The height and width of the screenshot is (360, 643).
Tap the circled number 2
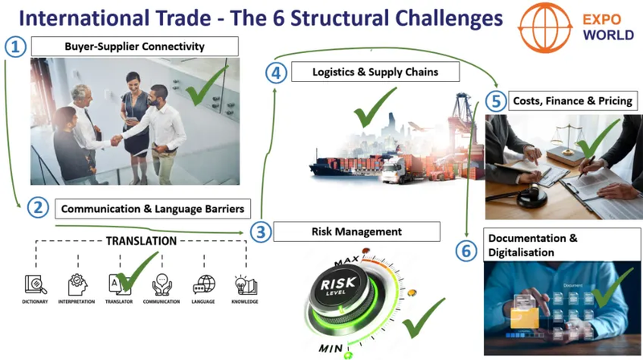coord(37,208)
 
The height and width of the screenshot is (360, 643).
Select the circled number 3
coord(259,232)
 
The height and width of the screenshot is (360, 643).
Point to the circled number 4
coord(276,73)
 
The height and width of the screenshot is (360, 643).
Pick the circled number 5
coord(497,101)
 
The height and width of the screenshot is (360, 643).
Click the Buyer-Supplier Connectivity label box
coord(134,47)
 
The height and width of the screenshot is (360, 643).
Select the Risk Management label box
coord(356,232)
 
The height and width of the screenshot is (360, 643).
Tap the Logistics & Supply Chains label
coord(375,73)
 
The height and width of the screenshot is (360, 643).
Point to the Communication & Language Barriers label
coord(153,209)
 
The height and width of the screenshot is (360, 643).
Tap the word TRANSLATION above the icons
coord(141,240)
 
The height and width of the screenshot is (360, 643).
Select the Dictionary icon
coord(35,284)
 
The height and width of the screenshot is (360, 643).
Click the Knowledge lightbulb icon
coord(245,284)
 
